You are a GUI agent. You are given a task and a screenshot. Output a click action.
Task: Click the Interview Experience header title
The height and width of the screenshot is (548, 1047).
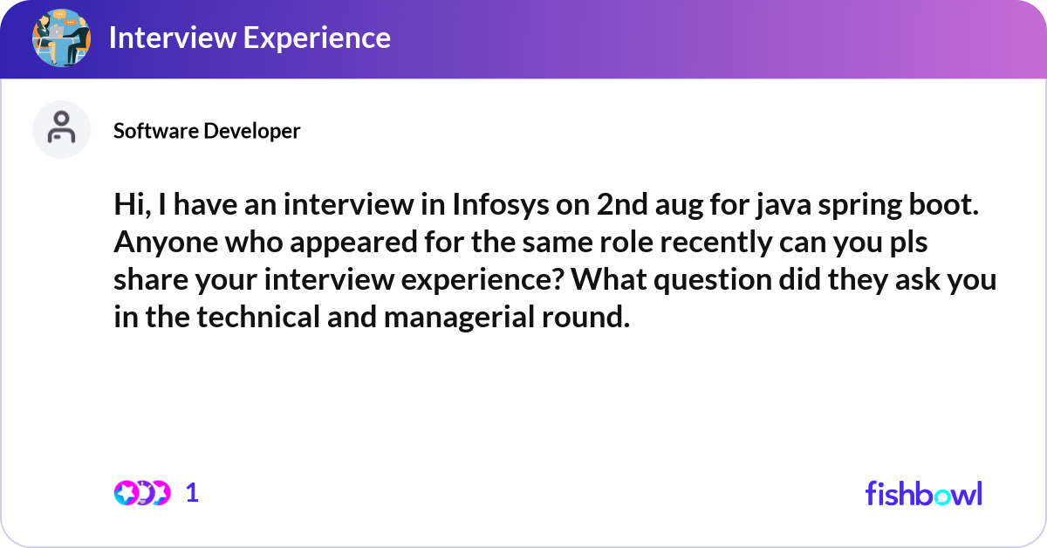pyautogui.click(x=249, y=38)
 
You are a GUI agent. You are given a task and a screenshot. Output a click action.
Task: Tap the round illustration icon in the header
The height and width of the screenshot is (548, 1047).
pyautogui.click(x=61, y=38)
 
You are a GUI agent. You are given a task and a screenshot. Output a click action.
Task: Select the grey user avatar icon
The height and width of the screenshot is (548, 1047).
pyautogui.click(x=61, y=129)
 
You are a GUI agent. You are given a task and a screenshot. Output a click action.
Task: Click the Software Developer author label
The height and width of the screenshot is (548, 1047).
pyautogui.click(x=207, y=131)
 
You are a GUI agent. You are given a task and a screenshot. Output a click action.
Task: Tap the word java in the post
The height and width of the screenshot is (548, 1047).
pyautogui.click(x=767, y=206)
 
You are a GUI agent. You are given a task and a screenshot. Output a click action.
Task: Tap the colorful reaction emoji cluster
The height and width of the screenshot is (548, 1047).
pyautogui.click(x=141, y=493)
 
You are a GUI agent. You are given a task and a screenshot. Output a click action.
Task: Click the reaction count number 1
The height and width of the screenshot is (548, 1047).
pyautogui.click(x=192, y=493)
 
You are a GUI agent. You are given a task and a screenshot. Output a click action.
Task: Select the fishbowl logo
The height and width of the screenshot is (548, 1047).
pyautogui.click(x=923, y=493)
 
